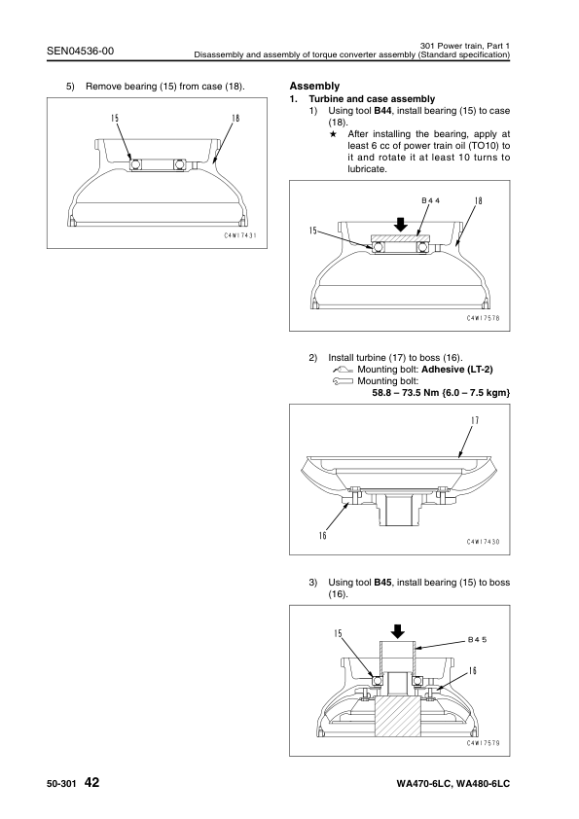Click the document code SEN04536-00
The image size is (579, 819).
tap(80, 51)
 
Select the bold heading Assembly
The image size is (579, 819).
tap(314, 87)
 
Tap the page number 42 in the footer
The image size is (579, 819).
tap(91, 782)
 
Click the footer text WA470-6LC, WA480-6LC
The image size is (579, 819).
tap(453, 783)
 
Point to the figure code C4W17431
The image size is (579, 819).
tap(240, 235)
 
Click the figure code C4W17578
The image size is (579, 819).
tap(484, 318)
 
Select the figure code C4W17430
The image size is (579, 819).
tap(484, 542)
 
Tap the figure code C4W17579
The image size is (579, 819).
tap(484, 743)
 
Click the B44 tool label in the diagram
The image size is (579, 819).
tap(430, 200)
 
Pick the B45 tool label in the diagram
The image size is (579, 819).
tap(477, 639)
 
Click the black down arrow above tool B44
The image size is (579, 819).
tap(400, 224)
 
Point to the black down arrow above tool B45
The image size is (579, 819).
tap(398, 631)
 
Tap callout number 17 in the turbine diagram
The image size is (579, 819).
tap(475, 420)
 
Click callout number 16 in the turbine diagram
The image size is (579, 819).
tap(322, 535)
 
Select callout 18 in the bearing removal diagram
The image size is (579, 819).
tap(235, 118)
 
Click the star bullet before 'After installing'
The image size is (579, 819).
tap(333, 134)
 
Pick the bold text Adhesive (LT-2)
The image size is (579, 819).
tap(457, 370)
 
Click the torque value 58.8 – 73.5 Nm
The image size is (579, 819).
tap(406, 393)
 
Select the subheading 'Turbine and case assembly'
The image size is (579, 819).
tap(372, 98)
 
